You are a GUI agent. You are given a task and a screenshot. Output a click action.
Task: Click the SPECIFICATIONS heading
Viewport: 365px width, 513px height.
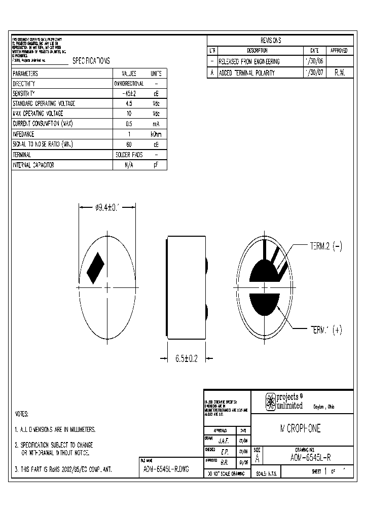point(91,61)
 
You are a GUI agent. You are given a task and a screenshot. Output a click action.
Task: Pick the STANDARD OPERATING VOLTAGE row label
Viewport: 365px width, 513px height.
point(44,104)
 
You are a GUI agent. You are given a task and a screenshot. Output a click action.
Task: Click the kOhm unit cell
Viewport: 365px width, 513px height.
point(156,134)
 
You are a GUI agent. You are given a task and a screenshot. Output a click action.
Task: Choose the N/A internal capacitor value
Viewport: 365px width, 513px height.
point(129,165)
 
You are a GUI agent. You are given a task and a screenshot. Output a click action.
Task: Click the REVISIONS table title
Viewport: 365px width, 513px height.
point(271,41)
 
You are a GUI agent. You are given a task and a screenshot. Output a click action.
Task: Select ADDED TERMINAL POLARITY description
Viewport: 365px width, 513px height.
point(247,73)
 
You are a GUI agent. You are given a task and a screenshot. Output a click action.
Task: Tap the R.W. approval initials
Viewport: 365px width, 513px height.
point(339,73)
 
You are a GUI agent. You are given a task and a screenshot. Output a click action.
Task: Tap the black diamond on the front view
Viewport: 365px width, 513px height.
point(95,268)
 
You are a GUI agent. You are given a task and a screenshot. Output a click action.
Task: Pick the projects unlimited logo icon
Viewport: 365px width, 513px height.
point(271,401)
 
